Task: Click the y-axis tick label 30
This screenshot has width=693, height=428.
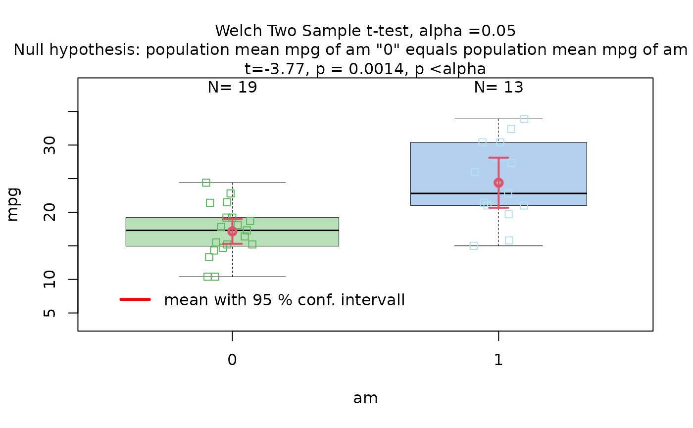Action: pyautogui.click(x=49, y=145)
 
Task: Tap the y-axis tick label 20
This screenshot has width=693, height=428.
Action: pyautogui.click(x=49, y=212)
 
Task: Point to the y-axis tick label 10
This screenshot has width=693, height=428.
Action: pyautogui.click(x=49, y=279)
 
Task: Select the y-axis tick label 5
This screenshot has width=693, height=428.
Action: pyautogui.click(x=49, y=313)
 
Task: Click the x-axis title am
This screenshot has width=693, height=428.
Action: pyautogui.click(x=365, y=398)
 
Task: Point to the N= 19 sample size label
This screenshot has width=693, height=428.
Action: pyautogui.click(x=232, y=87)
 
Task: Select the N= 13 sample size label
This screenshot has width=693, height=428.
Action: pyautogui.click(x=498, y=87)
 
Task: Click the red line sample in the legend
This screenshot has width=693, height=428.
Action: pyautogui.click(x=135, y=299)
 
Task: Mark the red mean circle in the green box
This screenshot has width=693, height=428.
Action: pyautogui.click(x=232, y=232)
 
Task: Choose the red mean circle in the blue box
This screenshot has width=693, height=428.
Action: pyautogui.click(x=498, y=183)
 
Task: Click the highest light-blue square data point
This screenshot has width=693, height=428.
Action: pyautogui.click(x=524, y=119)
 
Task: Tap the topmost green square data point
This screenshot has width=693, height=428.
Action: pyautogui.click(x=206, y=183)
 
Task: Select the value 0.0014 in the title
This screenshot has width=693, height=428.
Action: pyautogui.click(x=376, y=69)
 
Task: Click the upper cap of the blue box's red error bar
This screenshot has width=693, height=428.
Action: pyautogui.click(x=498, y=158)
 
